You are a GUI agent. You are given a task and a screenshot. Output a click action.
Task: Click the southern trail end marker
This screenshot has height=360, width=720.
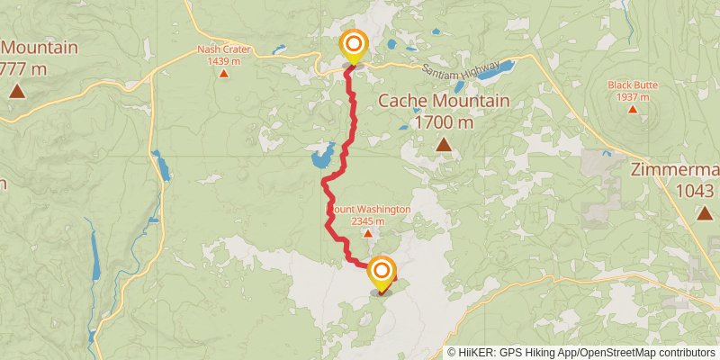point(382,273)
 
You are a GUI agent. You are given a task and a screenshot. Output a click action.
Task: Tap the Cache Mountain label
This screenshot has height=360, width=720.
point(444,101)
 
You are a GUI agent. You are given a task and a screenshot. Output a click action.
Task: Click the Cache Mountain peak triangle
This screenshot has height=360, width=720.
point(444,144)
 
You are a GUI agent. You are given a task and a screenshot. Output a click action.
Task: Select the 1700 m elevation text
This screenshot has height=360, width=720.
point(444,121)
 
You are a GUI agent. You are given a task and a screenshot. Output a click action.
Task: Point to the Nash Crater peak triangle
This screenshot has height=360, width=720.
point(223,73)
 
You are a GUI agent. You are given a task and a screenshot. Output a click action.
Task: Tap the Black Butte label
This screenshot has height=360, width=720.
point(633,85)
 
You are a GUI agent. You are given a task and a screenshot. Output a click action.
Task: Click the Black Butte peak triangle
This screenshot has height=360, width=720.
point(633,109)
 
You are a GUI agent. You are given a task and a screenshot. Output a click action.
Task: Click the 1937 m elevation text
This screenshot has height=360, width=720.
point(633,96)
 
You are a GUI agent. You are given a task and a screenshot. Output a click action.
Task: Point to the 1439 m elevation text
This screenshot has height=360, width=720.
point(223,61)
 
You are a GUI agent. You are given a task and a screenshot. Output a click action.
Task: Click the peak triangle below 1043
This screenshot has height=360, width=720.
point(704,212)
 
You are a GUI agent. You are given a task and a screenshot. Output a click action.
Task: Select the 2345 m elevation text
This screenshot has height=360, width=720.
point(368,220)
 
